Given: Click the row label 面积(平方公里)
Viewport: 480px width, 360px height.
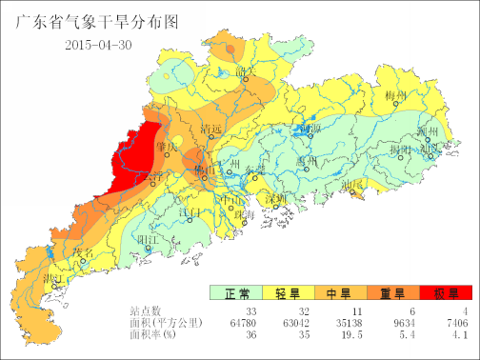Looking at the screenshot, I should [x=168, y=323].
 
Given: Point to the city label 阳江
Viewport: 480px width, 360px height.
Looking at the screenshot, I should [x=148, y=240].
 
